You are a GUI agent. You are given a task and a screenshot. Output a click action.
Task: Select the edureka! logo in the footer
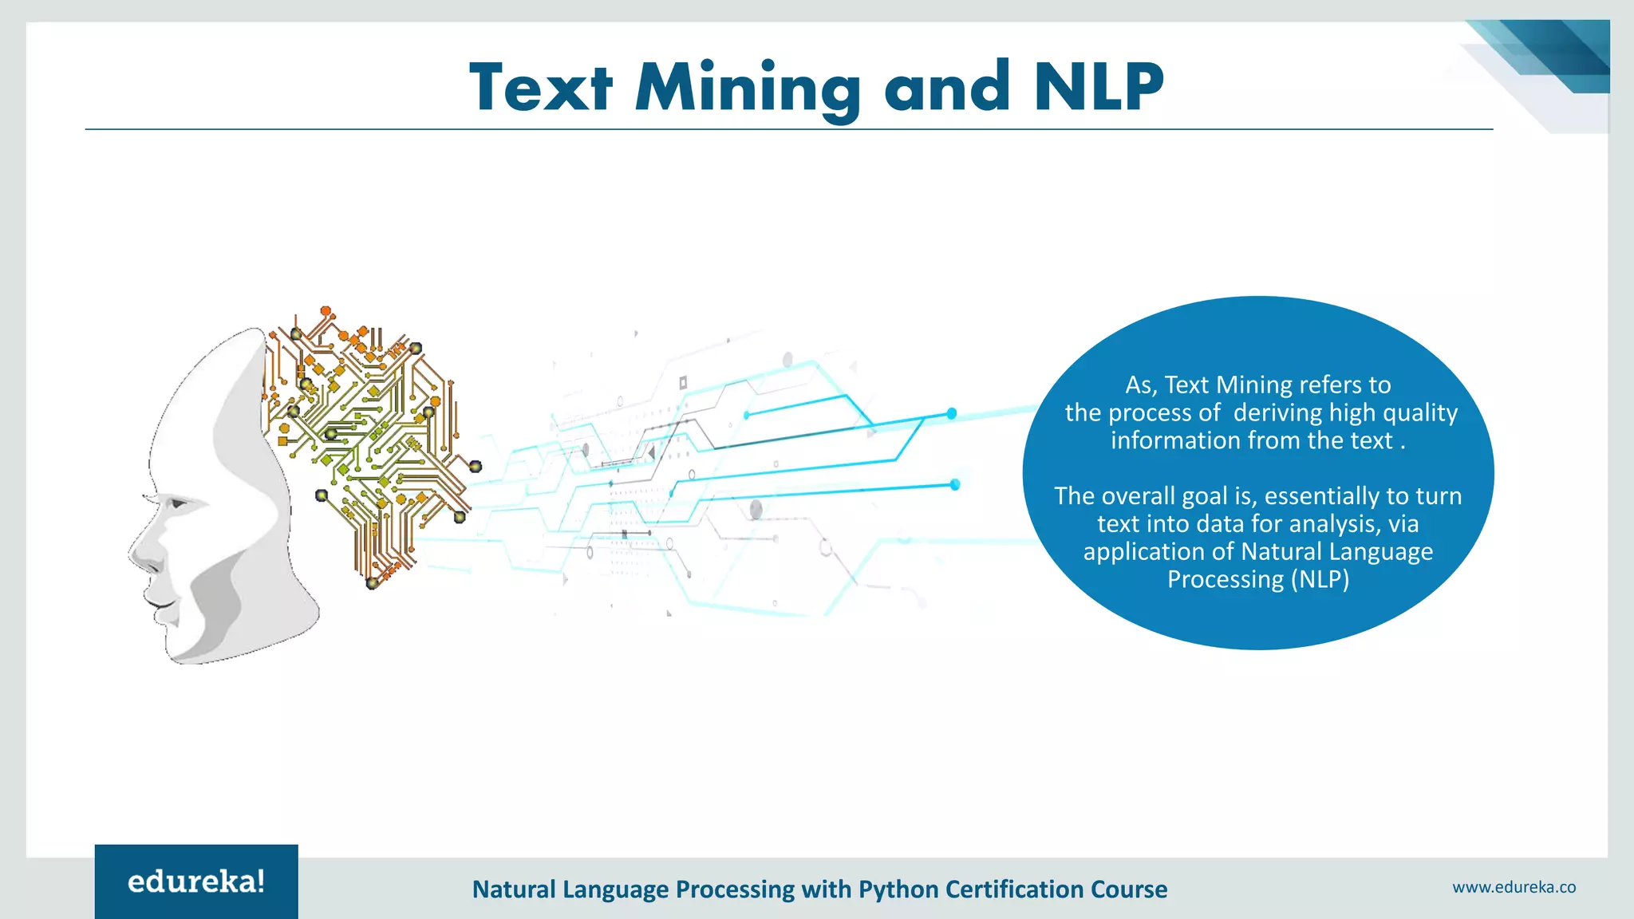(196, 882)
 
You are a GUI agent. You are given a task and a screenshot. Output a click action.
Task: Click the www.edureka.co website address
(1514, 887)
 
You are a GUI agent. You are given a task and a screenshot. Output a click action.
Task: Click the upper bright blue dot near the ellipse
(951, 413)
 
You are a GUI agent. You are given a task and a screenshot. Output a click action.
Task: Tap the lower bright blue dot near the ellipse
(954, 484)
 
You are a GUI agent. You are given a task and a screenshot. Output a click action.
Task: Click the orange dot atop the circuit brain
(326, 310)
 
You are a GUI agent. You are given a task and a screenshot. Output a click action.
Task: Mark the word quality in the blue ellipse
(1419, 412)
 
